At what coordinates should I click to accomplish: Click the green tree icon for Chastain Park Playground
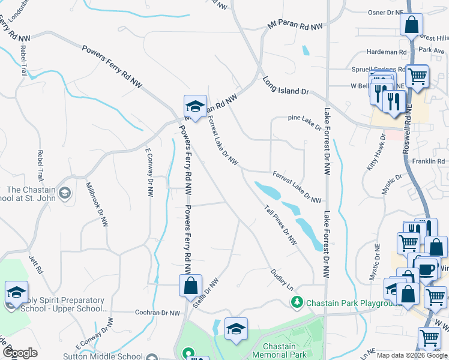pos(296,302)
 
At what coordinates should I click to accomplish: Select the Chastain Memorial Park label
pos(279,351)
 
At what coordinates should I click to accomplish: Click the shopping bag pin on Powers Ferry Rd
pos(190,286)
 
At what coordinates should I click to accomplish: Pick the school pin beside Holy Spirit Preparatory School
pos(16,292)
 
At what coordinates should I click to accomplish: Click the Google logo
pos(20,353)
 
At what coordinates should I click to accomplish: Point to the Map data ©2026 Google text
pos(411,355)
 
